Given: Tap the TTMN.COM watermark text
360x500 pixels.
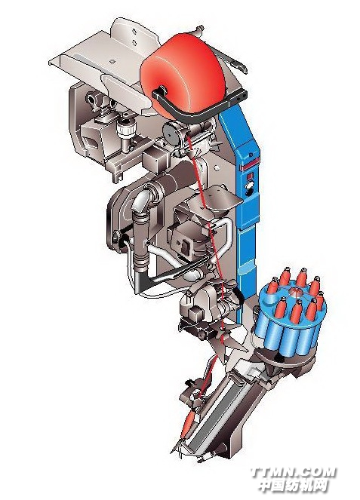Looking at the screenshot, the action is [x=293, y=472].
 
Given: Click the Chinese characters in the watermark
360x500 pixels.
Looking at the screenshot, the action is [x=293, y=486].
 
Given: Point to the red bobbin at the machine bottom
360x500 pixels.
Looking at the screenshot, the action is [x=189, y=424].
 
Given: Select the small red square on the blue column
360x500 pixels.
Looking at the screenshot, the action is [x=251, y=176].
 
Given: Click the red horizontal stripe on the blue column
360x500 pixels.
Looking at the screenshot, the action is [x=251, y=167].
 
